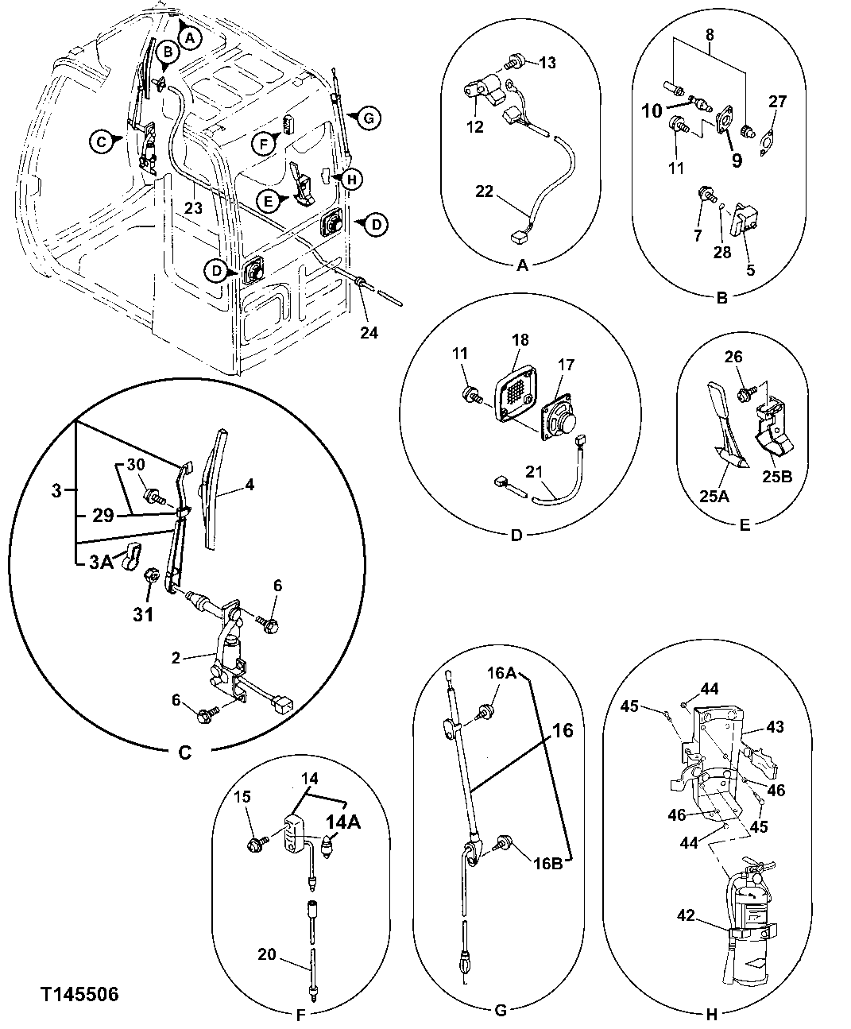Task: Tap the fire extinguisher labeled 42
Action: point(752,914)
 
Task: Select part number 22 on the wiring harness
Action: point(484,191)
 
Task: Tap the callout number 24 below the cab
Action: point(369,332)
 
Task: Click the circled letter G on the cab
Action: point(367,118)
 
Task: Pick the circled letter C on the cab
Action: point(100,141)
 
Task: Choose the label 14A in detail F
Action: point(341,823)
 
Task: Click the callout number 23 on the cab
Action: point(194,209)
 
